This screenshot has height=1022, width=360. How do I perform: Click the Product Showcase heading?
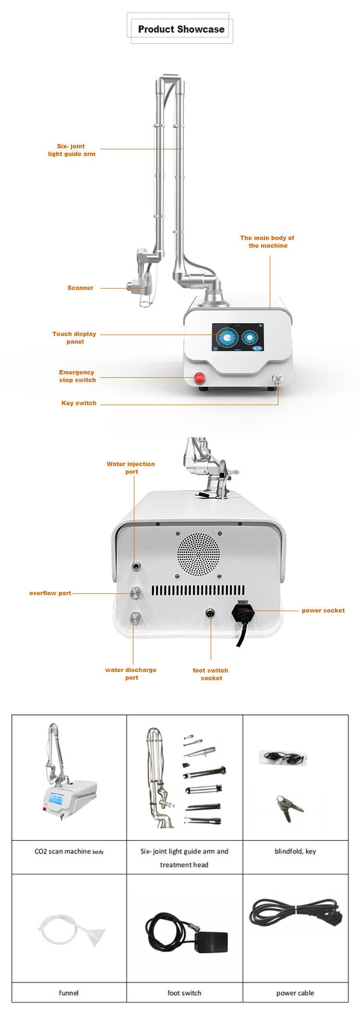coord(181,29)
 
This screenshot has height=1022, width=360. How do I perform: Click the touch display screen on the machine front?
coord(238,337)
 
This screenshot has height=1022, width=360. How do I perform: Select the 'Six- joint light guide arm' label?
coord(72,150)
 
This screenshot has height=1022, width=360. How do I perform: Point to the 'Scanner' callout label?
coord(80,288)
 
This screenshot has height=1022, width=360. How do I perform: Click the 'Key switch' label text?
coord(79,403)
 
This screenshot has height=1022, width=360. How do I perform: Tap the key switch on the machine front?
coord(278,379)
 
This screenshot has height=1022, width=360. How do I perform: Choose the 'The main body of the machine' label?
coord(267,242)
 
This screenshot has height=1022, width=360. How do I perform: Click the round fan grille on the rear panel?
coord(199,554)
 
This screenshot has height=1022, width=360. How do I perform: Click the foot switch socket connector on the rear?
coord(210,613)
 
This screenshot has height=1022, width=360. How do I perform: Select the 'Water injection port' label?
coord(131,468)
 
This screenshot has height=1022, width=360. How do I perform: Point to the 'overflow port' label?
coord(50,593)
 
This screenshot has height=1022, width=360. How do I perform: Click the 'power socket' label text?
coord(323,611)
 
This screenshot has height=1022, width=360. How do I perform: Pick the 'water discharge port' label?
coord(131,674)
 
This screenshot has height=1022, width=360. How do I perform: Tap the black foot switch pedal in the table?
coord(211,942)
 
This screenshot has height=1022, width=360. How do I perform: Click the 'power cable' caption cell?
coord(295,993)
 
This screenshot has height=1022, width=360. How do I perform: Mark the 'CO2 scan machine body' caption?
coord(69,852)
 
